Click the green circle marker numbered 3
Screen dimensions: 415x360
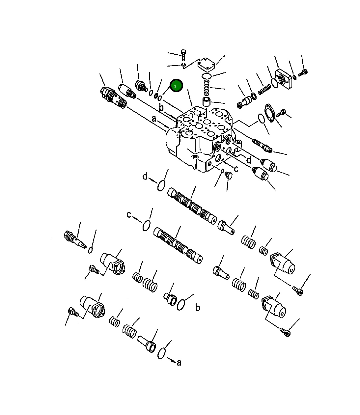(176, 86)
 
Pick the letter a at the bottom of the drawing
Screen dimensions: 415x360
(179, 363)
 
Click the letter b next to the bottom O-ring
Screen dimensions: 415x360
(198, 308)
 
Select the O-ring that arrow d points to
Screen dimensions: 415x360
(161, 186)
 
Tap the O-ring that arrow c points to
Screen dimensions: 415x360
(147, 226)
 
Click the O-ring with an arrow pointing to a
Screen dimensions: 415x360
(161, 353)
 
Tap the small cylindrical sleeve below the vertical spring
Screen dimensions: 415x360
(207, 102)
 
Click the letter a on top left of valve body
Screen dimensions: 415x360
(153, 119)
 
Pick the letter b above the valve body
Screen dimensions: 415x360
(161, 107)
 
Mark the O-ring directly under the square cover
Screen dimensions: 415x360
(207, 76)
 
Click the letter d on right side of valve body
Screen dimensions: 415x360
(249, 160)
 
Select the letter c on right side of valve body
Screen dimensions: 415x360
(236, 169)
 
